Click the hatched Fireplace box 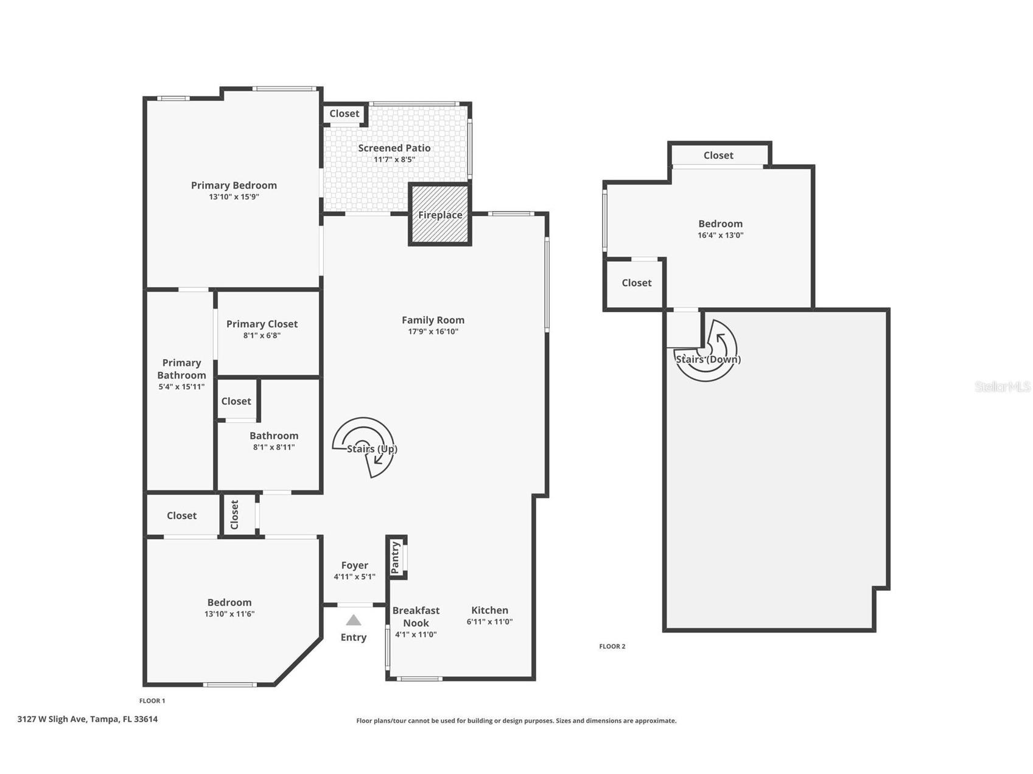(439, 214)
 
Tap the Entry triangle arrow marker (354, 620)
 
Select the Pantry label (396, 557)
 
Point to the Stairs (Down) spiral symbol (706, 351)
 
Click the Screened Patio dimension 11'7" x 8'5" (394, 159)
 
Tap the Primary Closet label (262, 324)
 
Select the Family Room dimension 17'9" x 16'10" (433, 332)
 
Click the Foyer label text (354, 565)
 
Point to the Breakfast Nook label (416, 616)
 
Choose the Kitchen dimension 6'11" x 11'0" (489, 622)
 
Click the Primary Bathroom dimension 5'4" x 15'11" (181, 386)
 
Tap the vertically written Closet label (235, 515)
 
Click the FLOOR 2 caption (612, 646)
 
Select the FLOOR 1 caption (152, 700)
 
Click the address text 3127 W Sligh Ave (87, 719)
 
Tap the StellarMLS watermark (1002, 386)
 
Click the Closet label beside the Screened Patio (344, 114)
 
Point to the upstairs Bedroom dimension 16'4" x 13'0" (720, 235)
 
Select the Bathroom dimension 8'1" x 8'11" (274, 447)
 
